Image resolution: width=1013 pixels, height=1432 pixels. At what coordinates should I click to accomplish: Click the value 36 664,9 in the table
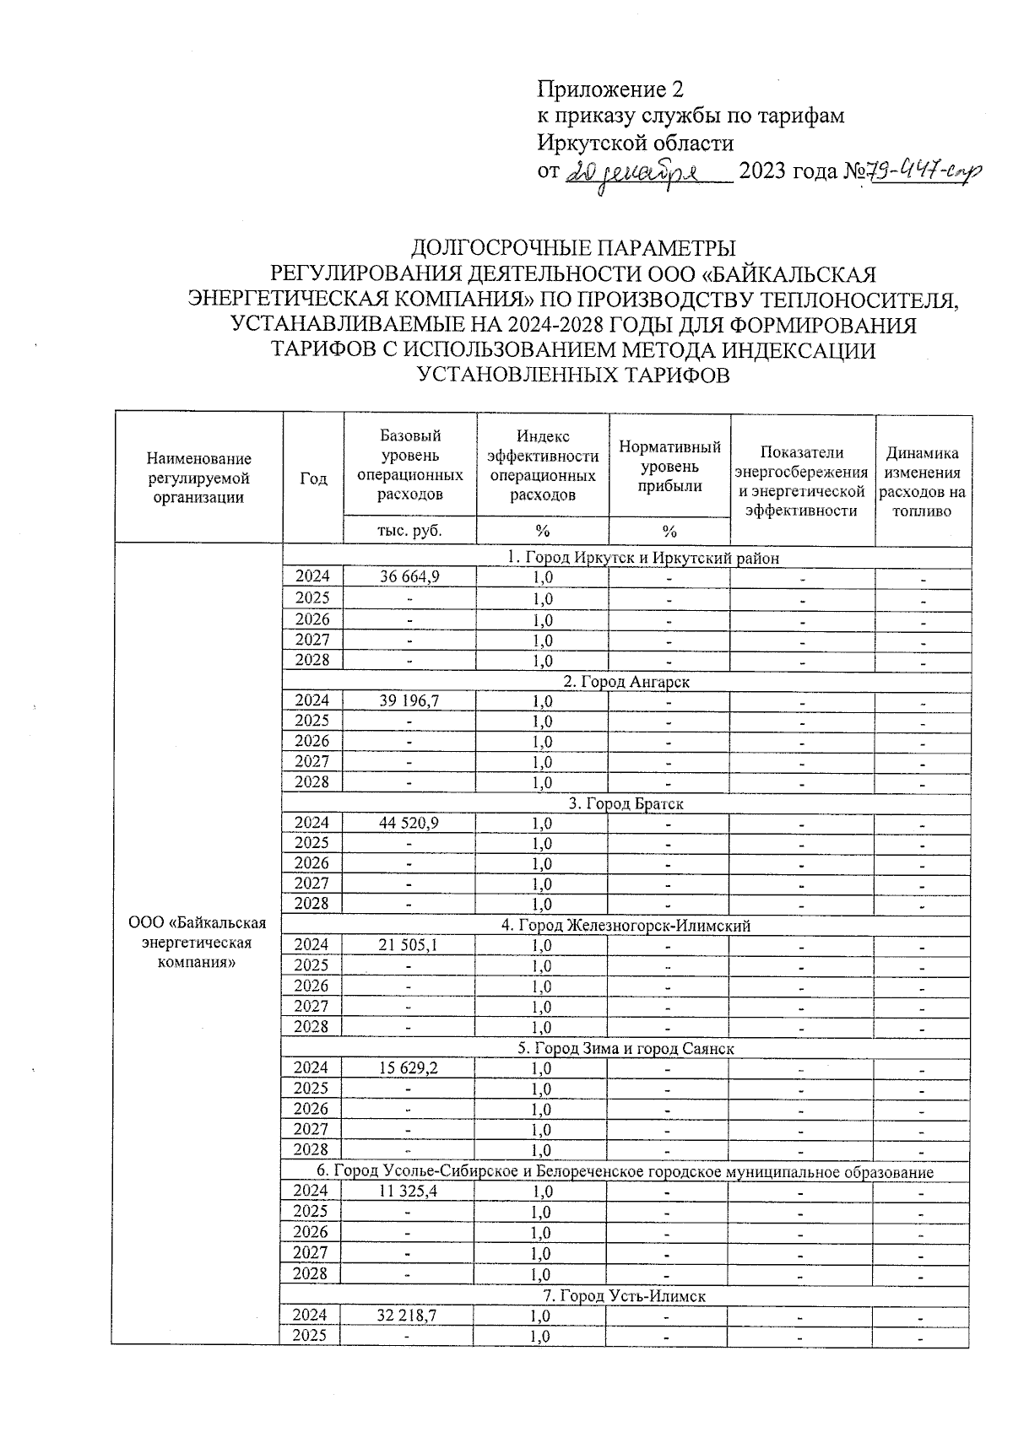[409, 576]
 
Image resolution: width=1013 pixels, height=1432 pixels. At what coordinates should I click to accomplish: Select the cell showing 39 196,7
[409, 700]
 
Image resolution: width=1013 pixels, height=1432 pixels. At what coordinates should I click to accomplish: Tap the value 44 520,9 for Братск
[409, 823]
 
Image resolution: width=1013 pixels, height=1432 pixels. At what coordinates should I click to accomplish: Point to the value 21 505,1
[409, 945]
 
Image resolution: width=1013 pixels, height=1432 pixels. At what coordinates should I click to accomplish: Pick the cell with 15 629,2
[409, 1068]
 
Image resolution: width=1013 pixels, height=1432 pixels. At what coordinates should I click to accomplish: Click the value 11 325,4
[409, 1192]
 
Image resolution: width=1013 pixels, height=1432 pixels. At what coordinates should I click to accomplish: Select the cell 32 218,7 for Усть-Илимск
[409, 1316]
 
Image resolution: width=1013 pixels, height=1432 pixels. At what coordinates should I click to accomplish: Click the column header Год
[313, 478]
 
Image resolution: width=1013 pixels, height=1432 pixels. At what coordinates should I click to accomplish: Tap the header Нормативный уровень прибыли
[669, 466]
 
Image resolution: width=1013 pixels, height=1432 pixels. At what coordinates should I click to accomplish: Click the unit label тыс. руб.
[409, 531]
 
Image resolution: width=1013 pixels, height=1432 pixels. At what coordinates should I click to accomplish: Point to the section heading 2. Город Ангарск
[626, 681]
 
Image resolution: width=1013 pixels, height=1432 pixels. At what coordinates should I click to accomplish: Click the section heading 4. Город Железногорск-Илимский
[626, 926]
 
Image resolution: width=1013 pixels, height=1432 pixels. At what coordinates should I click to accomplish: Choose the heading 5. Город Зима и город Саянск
[626, 1049]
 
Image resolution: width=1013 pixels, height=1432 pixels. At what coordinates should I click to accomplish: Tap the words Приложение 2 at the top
[610, 89]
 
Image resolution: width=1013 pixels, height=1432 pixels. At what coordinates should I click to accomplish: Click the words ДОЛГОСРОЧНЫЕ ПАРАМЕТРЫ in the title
[573, 248]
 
